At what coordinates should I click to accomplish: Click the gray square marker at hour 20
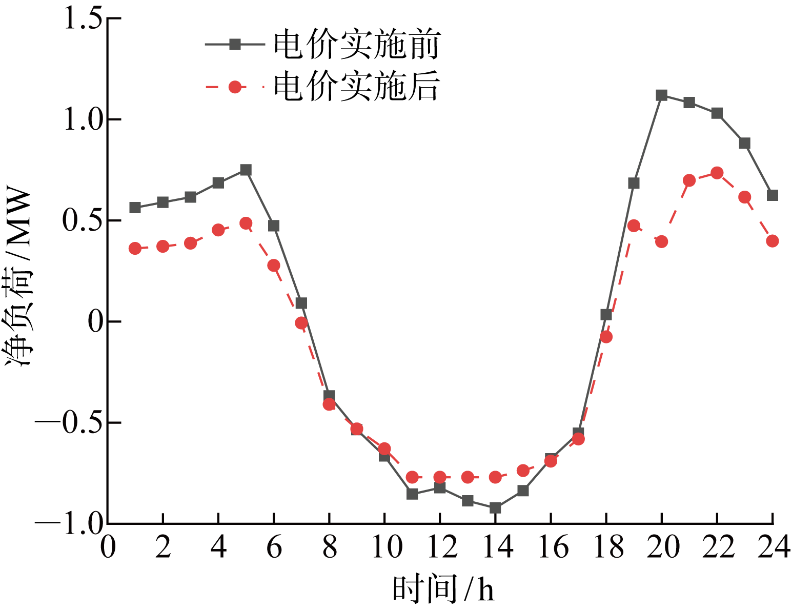661,95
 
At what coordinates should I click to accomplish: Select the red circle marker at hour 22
717,173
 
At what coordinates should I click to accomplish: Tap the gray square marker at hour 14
495,508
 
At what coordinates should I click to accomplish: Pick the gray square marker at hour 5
246,170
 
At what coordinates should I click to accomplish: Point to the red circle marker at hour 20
661,241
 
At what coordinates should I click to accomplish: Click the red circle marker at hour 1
135,249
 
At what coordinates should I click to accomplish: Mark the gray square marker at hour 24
772,195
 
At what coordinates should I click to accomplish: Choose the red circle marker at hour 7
301,323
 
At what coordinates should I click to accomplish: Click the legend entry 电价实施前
356,45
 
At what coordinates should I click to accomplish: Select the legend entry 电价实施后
356,87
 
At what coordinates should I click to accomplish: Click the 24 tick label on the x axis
773,547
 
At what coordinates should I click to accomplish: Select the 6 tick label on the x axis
274,547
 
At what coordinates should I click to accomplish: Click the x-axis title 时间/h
444,589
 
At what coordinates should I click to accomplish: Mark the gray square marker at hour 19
634,183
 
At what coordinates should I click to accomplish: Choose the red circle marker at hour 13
468,477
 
